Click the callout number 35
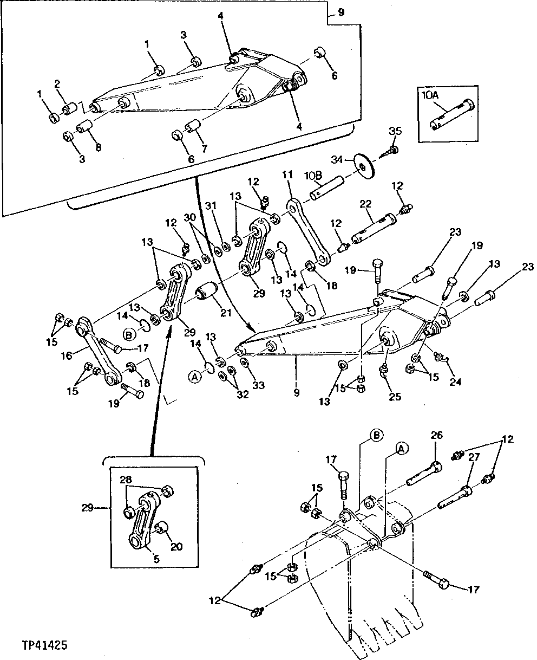tap(395, 132)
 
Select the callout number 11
tap(287, 174)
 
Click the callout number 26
tap(436, 435)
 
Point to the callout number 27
tap(474, 457)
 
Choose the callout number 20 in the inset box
tap(176, 546)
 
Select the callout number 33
tap(259, 385)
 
